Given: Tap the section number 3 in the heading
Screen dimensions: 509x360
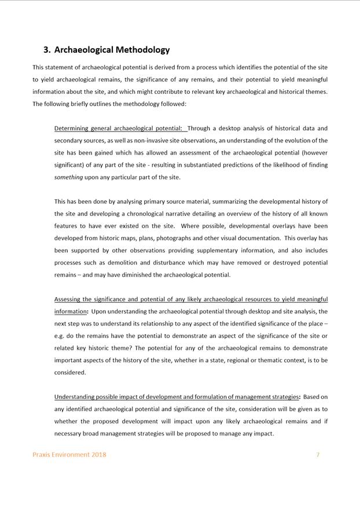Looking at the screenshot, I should (x=46, y=50).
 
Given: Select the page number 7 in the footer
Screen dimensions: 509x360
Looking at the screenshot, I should (x=318, y=455).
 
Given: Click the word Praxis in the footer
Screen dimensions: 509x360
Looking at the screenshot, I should (x=42, y=455).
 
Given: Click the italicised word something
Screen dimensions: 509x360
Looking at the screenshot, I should (x=68, y=177).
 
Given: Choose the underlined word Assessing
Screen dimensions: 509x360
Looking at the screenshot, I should (x=69, y=299).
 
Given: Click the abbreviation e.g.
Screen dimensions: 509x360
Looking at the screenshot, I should (x=60, y=336).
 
